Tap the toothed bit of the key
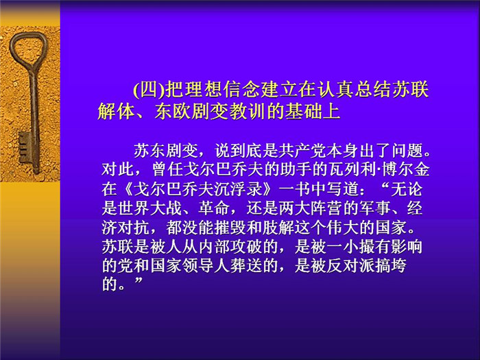click(25, 147)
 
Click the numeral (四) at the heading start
click(149, 90)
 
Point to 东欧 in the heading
click(173, 111)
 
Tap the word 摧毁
click(230, 228)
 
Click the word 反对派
click(351, 266)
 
